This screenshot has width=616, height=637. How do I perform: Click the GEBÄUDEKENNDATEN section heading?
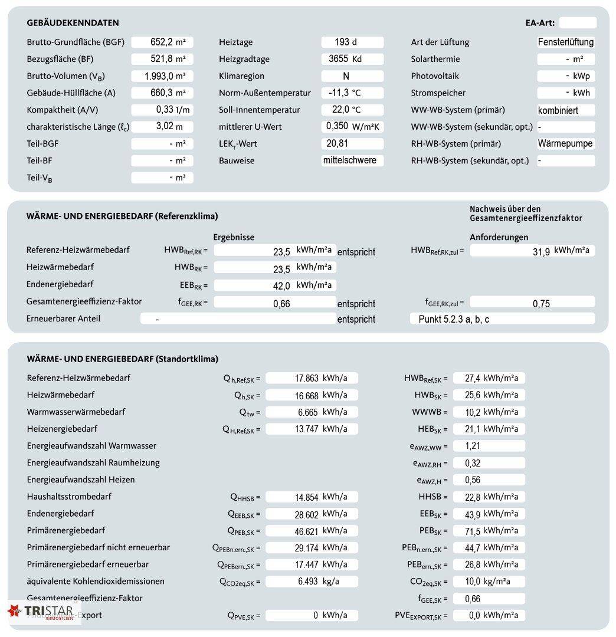tap(73, 23)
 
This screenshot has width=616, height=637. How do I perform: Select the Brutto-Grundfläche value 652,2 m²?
tap(162, 42)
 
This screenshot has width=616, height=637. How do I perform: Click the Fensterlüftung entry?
tap(566, 42)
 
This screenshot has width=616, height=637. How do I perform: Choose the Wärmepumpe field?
tap(566, 143)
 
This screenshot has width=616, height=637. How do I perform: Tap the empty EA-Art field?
tap(578, 23)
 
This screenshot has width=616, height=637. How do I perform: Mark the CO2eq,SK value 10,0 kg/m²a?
tap(489, 582)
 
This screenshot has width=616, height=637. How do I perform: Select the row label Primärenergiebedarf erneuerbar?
tap(88, 564)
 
